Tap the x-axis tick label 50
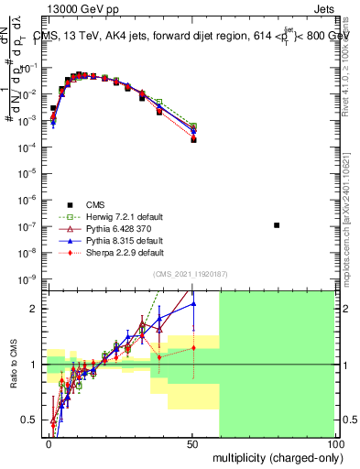tap(191, 443)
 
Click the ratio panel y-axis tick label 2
tap(36, 309)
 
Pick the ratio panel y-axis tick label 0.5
tap(31, 420)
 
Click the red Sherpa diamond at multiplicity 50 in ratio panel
tap(193, 348)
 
